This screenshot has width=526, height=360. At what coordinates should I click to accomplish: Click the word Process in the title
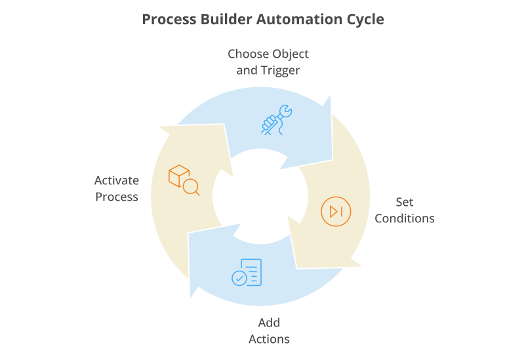click(167, 20)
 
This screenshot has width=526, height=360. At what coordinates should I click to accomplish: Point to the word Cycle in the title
click(365, 20)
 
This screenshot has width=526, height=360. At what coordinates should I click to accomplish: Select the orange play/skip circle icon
click(336, 211)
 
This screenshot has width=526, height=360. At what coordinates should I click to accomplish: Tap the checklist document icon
click(247, 272)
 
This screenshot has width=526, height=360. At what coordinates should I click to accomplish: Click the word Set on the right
click(404, 202)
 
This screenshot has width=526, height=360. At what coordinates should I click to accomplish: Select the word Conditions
click(404, 218)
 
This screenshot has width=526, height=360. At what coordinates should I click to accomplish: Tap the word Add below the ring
click(269, 323)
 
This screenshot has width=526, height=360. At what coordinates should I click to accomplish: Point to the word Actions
click(269, 339)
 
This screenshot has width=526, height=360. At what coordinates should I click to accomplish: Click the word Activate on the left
click(117, 180)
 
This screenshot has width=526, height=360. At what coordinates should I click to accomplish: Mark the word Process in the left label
click(117, 197)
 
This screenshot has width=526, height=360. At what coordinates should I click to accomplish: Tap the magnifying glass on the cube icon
click(191, 188)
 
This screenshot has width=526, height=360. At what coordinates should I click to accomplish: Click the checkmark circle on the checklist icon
click(239, 278)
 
